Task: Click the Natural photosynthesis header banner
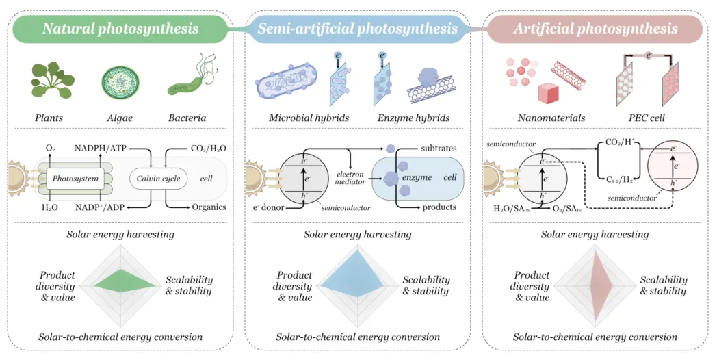120,28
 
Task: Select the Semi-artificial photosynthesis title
358,28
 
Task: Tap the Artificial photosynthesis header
595,28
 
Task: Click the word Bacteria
187,118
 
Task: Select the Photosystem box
72,179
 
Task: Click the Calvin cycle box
157,179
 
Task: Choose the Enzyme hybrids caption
413,118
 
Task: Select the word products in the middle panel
439,207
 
